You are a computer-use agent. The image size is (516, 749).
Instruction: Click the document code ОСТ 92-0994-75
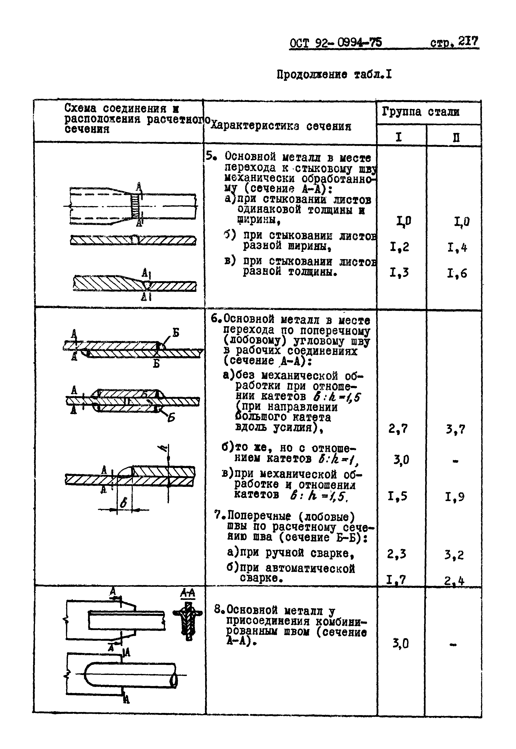pos(336,43)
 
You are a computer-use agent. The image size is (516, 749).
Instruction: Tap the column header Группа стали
pos(421,112)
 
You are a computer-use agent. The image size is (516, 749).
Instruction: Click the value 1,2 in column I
pos(400,247)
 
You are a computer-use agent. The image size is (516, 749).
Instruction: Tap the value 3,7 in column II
pos(455,429)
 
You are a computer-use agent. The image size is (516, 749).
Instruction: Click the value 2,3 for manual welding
pos(397,554)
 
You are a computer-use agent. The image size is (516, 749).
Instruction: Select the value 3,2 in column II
pos(454,555)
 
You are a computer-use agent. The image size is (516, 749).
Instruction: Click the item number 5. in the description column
pos(211,156)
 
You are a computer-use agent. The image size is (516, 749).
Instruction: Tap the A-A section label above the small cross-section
pos(187,593)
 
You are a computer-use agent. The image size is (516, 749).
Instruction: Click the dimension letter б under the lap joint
pos(123,503)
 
